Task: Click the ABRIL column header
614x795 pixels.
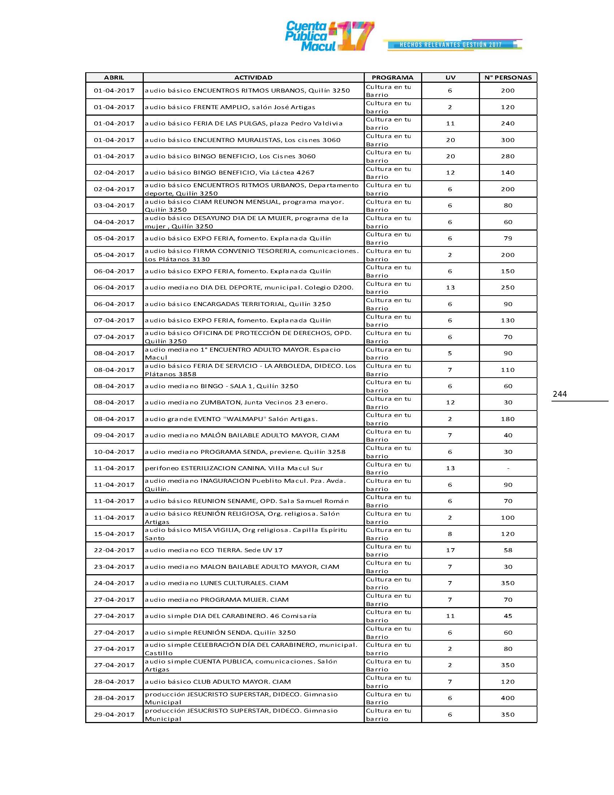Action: [x=114, y=78]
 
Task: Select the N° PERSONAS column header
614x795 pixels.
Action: [x=508, y=78]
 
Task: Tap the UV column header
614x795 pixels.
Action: [x=450, y=78]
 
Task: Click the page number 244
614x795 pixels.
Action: [x=559, y=394]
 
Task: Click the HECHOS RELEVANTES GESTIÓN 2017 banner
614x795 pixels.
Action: [x=451, y=45]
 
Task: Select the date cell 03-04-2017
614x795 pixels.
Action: [x=114, y=206]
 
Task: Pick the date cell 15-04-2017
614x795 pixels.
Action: [x=114, y=534]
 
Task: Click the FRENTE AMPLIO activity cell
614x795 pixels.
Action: [x=230, y=107]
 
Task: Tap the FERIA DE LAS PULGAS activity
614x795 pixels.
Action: [x=243, y=124]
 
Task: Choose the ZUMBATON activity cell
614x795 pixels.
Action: [x=236, y=403]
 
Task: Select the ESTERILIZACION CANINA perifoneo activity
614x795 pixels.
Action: [x=234, y=468]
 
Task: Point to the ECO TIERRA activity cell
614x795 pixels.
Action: [x=213, y=550]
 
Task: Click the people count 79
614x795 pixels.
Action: [x=508, y=239]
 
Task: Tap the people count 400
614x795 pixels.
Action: [x=508, y=698]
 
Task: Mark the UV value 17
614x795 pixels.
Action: [x=450, y=550]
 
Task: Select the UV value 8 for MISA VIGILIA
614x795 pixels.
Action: [x=450, y=534]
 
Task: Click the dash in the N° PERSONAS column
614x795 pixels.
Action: [x=508, y=468]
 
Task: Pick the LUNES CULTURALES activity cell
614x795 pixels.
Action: [x=216, y=583]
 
